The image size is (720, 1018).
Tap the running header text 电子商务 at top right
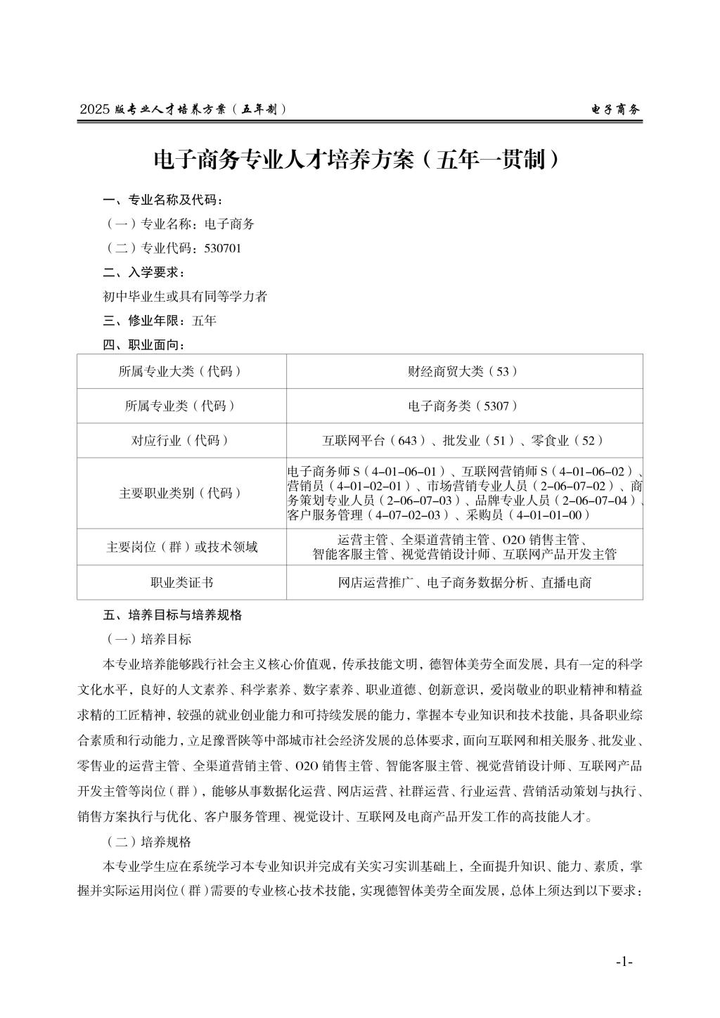pos(615,110)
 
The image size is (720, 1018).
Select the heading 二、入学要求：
pos(143,272)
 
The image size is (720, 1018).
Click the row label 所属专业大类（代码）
pos(181,371)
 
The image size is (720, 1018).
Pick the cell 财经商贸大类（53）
pos(464,371)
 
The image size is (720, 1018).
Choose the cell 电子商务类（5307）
pos(464,406)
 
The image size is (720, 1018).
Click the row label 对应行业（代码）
pos(181,441)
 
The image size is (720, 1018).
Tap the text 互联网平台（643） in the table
pos(375,441)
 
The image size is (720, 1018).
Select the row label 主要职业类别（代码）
pos(181,493)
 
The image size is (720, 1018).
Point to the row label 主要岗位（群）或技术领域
pos(181,546)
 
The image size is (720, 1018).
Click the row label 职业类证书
pos(181,582)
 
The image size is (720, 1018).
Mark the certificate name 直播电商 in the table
pos(569,582)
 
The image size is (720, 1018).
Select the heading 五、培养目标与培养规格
pos(172,614)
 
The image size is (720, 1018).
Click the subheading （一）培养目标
pos(148,639)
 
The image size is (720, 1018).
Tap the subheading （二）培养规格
pos(148,842)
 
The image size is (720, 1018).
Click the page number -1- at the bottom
pos(624,962)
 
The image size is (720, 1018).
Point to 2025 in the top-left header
pos(95,110)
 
